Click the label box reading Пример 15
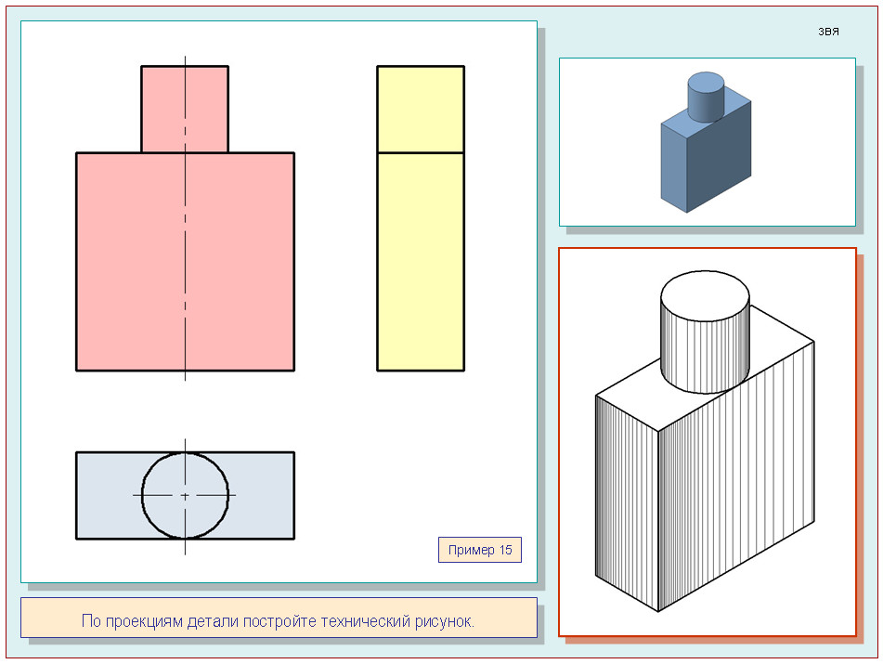tap(480, 550)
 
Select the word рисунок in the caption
tap(445, 621)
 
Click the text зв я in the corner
tap(828, 32)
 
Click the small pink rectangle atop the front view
tap(185, 110)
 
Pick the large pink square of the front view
tap(186, 261)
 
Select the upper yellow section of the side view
tap(421, 110)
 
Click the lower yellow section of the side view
tap(421, 261)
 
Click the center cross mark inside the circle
tap(186, 496)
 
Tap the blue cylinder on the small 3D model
tap(706, 97)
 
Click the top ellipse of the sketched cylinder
tap(705, 296)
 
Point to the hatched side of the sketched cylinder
tap(705, 356)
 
